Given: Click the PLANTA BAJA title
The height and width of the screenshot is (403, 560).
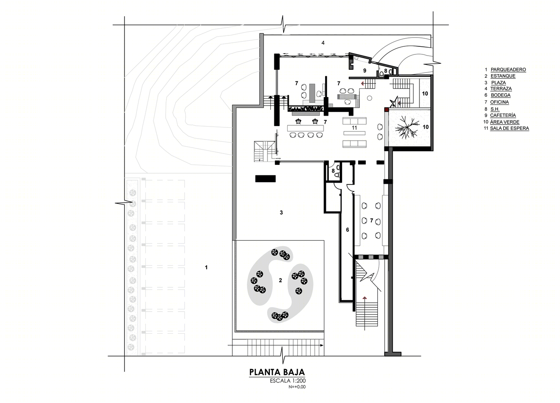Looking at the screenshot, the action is point(277,372).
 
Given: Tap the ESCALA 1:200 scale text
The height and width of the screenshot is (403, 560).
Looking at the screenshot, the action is point(288,381).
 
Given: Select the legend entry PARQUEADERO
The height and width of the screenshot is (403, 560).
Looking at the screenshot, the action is point(508,69).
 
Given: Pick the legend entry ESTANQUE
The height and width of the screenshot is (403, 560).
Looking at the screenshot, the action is point(503,76).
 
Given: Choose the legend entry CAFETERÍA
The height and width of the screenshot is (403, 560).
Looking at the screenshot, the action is point(503,115).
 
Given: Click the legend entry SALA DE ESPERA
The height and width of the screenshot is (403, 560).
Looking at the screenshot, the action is point(510,128).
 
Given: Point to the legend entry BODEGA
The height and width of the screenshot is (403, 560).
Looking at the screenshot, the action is point(500,95).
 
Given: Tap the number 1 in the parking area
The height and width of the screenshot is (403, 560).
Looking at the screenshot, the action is point(206,267).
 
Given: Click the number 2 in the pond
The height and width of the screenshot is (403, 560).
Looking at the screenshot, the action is point(280,280).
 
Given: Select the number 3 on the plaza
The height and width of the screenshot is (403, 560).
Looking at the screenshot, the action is point(281,212).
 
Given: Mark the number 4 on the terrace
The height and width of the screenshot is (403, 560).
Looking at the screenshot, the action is point(323,43).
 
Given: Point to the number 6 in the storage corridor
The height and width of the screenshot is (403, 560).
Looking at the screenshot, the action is point(348,230).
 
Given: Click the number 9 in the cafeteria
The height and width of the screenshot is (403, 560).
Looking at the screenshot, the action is point(365,71).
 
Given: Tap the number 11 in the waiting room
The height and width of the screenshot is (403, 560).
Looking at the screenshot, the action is point(354,128).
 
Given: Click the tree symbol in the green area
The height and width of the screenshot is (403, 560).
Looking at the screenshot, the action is point(407,127).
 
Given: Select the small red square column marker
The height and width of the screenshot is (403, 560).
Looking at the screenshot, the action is point(386,110).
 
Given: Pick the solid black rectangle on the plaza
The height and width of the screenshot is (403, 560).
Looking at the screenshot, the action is point(265,179).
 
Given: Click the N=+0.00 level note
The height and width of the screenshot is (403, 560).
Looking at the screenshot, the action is point(297,387).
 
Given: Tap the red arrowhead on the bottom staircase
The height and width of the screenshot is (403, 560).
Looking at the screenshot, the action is point(365,297).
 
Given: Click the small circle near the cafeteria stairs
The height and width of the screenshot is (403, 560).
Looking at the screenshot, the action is point(369,98).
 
